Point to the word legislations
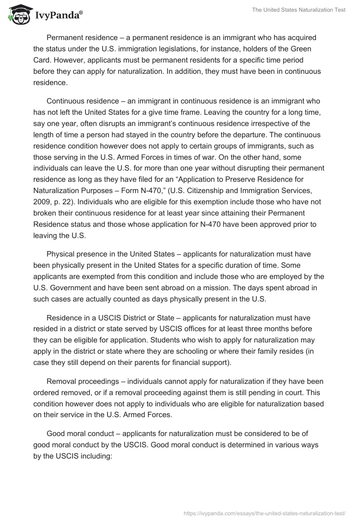[x=193, y=49]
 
